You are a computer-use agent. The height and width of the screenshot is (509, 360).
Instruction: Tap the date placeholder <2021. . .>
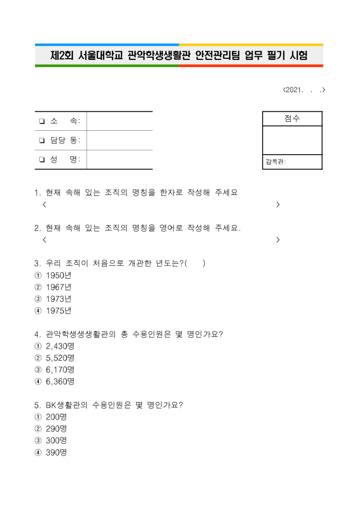[304, 90]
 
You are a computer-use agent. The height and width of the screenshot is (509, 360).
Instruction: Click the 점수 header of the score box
[292, 119]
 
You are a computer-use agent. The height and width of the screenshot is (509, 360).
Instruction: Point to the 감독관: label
[275, 162]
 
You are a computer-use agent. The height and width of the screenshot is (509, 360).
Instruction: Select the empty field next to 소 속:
[120, 121]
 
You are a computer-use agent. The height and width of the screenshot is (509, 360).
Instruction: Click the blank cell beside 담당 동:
[120, 140]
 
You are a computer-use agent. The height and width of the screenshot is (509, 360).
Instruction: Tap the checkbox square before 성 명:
[41, 160]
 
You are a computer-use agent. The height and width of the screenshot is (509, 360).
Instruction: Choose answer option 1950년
[58, 275]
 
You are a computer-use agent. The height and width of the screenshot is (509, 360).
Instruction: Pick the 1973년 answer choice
[58, 299]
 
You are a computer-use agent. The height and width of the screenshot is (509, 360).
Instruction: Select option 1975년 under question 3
[58, 311]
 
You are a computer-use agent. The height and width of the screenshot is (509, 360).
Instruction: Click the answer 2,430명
[60, 346]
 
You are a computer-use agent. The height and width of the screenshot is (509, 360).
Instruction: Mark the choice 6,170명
[60, 369]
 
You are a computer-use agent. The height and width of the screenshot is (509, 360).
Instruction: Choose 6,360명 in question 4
[60, 381]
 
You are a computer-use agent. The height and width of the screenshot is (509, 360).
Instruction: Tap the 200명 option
[56, 417]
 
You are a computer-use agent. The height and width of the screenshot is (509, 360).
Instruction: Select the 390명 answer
[56, 452]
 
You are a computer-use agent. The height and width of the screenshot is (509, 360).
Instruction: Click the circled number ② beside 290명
[38, 428]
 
